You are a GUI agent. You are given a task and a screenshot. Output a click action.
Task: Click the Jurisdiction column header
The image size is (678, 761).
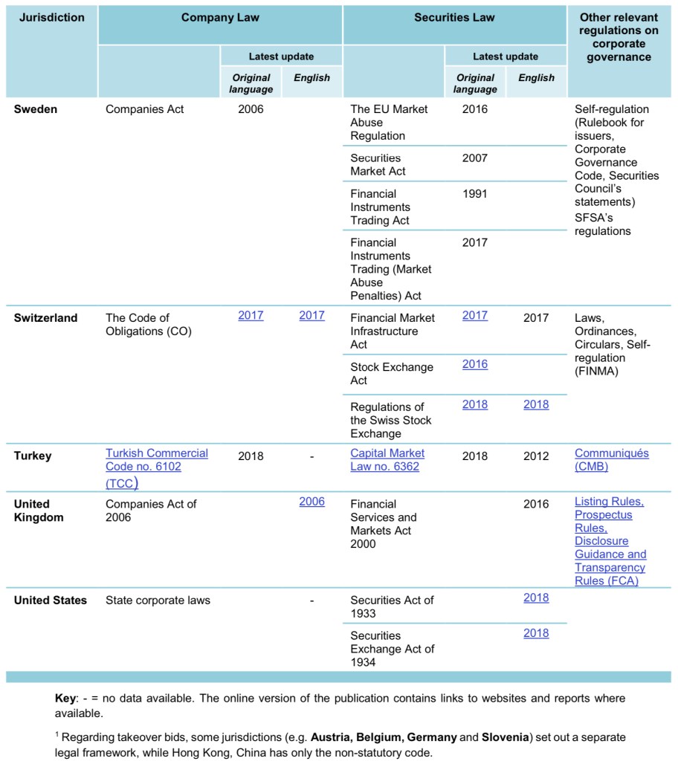click(x=51, y=17)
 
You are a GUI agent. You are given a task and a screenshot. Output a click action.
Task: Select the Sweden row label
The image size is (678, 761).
click(x=36, y=109)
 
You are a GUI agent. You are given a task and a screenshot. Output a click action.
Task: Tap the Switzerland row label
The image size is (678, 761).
click(x=45, y=318)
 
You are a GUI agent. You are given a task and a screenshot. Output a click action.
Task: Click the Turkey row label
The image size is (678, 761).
click(x=33, y=456)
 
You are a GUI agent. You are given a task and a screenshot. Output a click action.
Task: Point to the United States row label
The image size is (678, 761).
click(x=50, y=600)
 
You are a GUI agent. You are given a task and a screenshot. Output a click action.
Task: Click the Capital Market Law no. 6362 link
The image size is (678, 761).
click(x=387, y=460)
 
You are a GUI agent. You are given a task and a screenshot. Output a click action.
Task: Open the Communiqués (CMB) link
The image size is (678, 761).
click(x=611, y=460)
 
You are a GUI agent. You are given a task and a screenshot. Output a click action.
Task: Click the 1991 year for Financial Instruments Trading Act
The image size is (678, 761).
click(x=475, y=194)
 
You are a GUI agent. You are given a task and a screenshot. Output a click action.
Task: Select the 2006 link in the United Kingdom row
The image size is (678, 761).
click(x=311, y=502)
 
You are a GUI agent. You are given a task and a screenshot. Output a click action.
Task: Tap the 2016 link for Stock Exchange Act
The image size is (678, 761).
click(x=475, y=364)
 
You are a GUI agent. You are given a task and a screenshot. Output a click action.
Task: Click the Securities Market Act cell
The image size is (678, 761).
click(x=378, y=164)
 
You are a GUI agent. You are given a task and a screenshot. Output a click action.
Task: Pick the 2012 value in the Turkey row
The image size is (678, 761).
click(x=536, y=456)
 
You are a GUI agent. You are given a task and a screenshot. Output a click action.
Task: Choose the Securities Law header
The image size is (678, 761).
click(x=454, y=17)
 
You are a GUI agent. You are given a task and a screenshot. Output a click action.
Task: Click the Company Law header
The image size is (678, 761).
click(x=220, y=17)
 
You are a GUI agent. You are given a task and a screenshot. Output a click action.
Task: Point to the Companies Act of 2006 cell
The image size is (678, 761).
click(x=151, y=511)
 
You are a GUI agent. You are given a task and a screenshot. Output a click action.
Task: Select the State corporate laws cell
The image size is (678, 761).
click(x=158, y=600)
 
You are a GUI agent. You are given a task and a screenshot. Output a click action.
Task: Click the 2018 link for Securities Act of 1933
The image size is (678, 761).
click(x=536, y=598)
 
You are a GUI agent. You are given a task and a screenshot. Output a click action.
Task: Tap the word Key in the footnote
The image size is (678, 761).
click(x=65, y=699)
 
